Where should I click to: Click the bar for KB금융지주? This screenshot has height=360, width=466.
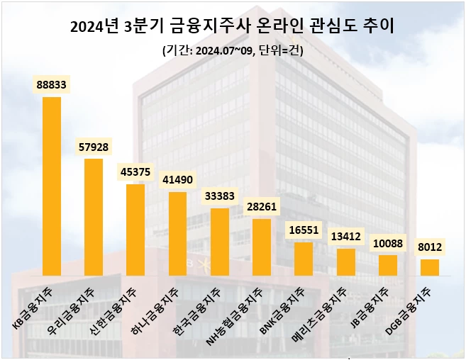(x=52, y=186)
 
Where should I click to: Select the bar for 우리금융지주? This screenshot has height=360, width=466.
(x=94, y=217)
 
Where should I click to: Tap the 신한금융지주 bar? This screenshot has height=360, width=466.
(x=135, y=230)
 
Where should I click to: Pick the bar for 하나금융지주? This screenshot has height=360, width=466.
(x=177, y=233)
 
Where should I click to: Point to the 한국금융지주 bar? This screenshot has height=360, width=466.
(x=220, y=242)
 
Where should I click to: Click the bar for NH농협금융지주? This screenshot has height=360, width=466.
(x=262, y=247)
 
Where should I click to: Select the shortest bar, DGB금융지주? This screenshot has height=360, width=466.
(x=430, y=267)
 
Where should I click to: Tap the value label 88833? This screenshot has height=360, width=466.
(x=52, y=84)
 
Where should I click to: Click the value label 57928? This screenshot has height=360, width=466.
(x=94, y=147)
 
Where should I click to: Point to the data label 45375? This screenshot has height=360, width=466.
(x=135, y=172)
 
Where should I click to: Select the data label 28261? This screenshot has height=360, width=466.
(x=262, y=207)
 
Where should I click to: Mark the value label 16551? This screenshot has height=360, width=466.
(x=304, y=230)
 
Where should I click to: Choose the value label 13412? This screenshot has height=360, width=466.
(x=345, y=237)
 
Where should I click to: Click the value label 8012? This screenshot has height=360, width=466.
(x=430, y=247)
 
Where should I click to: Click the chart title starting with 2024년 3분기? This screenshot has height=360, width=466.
(x=233, y=27)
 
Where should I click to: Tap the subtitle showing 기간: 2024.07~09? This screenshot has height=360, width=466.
(x=233, y=50)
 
